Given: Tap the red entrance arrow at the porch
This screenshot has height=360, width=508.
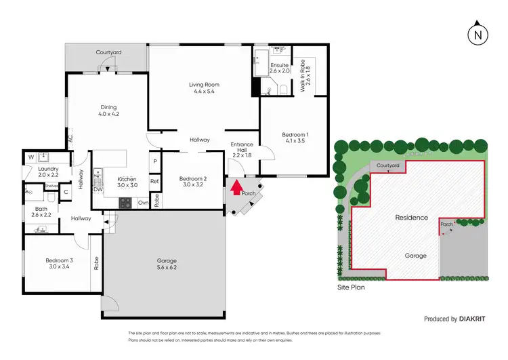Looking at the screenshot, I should pyautogui.click(x=236, y=187).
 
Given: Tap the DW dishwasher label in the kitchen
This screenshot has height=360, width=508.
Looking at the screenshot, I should pyautogui.click(x=99, y=190).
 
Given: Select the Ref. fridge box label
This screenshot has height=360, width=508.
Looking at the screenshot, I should pyautogui.click(x=154, y=181).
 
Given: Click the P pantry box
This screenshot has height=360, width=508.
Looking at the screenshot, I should pyautogui.click(x=154, y=161).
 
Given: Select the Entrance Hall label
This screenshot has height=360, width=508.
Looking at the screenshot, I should pyautogui.click(x=242, y=149).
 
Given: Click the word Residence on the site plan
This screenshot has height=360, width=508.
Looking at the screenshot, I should pyautogui.click(x=412, y=218).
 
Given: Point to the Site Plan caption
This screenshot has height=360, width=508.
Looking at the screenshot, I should pyautogui.click(x=352, y=287).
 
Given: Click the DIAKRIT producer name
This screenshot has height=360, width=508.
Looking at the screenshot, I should pyautogui.click(x=475, y=318).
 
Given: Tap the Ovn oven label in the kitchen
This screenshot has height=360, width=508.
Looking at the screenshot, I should pyautogui.click(x=143, y=203).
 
